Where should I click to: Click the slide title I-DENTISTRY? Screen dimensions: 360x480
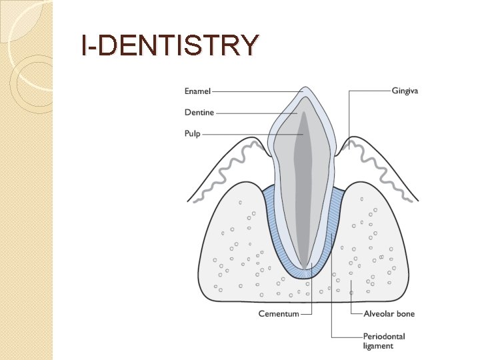point(169,45)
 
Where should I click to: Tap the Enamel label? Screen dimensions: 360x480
point(197,91)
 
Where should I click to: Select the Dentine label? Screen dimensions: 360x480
point(199,112)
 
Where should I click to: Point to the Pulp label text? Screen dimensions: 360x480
point(192,133)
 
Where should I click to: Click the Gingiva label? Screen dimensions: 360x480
point(405,91)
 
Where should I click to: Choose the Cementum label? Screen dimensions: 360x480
point(279,314)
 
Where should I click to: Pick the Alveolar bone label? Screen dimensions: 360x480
point(389,314)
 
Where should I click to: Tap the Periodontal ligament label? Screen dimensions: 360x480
point(384,341)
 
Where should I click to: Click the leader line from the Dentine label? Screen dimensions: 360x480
point(257,113)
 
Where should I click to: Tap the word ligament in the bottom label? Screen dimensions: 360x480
point(378,346)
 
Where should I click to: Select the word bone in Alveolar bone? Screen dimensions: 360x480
point(404,314)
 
